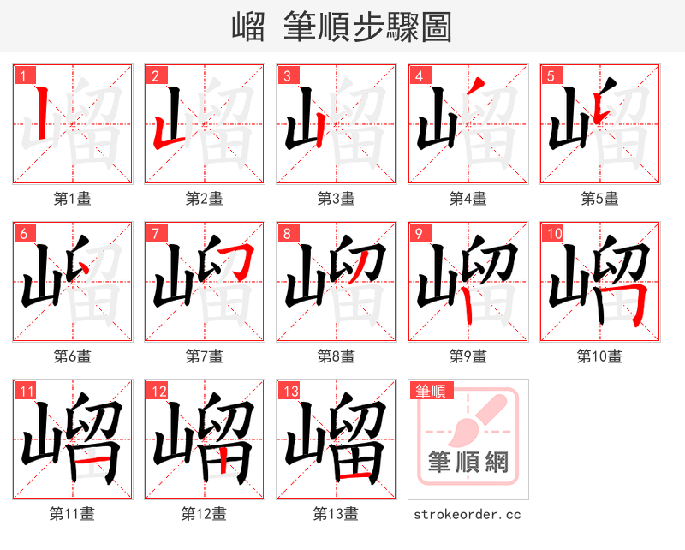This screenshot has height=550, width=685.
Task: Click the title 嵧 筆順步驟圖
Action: coord(342,27)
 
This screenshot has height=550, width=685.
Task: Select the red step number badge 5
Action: coord(550,75)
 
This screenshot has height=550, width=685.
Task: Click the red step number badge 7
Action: coord(154,233)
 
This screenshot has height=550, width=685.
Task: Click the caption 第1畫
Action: coord(73,199)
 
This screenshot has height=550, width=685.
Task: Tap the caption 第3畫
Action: coord(337,199)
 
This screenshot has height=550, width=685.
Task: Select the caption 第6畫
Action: coord(73,356)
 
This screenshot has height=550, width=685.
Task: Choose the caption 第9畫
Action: coord(468,356)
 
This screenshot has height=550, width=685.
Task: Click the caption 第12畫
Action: coord(205,514)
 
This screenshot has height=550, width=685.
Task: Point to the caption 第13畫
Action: coord(337,514)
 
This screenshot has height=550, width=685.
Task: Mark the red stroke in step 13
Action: coord(354,472)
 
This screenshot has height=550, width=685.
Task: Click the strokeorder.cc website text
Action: coord(468,515)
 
